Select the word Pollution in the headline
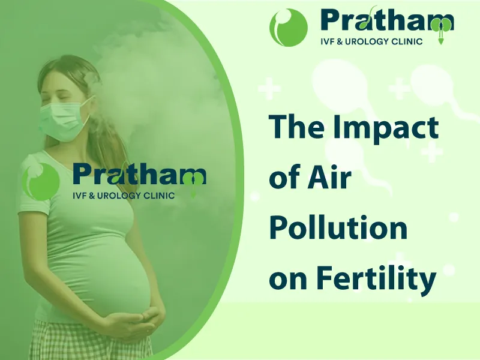338,227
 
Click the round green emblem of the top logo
289,28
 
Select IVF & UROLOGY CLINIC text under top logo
371,41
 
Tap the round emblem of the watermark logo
40,182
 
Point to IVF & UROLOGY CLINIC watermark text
124,196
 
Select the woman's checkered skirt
92,341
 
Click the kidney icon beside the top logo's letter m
441,29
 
